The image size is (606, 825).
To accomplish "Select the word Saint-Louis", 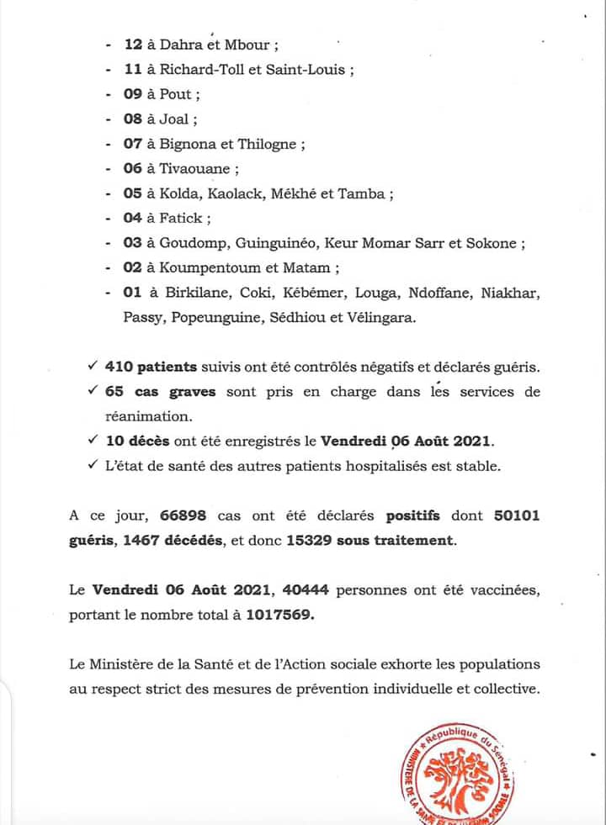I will click(305, 71).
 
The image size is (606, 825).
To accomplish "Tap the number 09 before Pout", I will click(133, 94).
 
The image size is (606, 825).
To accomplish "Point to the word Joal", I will click(174, 119).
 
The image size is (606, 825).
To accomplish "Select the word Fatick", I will click(181, 218).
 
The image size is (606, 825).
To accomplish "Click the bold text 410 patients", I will click(151, 368).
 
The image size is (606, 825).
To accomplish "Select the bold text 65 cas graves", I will click(149, 392).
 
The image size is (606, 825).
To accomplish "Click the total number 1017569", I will click(277, 615).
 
